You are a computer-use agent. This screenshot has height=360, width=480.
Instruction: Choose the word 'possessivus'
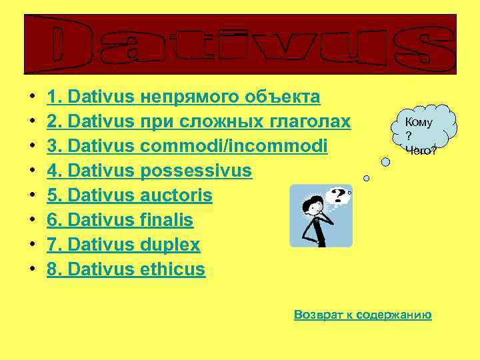coord(196,171)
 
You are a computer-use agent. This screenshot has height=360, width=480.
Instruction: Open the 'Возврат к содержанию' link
coord(363,315)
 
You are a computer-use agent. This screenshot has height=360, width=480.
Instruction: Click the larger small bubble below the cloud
coord(385,161)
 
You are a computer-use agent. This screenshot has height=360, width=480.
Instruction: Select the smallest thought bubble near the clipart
coord(366,177)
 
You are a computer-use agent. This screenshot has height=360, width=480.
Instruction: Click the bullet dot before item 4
coord(32,171)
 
